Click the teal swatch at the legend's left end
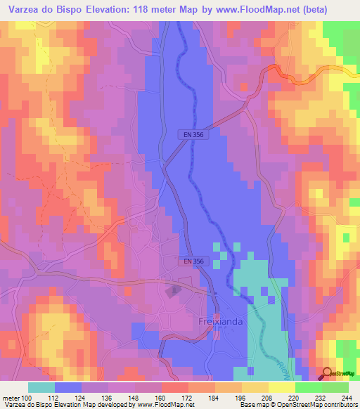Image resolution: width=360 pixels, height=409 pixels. [41, 387]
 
